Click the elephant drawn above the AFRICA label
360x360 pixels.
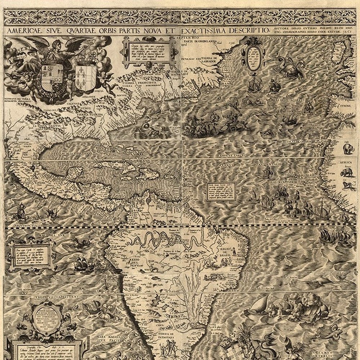click(348, 148)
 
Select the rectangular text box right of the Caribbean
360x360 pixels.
click(221, 191)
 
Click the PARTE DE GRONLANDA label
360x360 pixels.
click(196, 41)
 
